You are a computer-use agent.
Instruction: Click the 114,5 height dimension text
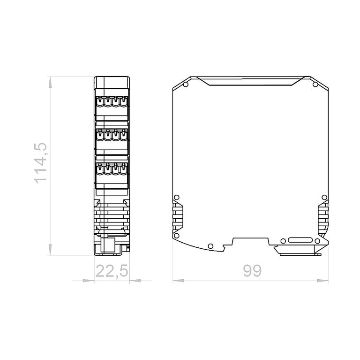point(41,163)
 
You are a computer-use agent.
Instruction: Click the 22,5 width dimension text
point(112,271)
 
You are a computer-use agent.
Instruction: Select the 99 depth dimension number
point(252,271)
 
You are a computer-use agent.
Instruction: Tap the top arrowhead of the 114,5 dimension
point(50,82)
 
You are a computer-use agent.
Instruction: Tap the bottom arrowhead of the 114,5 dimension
point(50,250)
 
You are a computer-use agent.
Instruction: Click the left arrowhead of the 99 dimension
point(179,281)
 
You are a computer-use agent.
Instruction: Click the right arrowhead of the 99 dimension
point(323,281)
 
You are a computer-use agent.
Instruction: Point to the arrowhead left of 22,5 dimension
point(89,281)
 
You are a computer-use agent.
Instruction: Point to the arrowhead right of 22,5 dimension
point(135,281)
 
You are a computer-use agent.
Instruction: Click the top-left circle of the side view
point(186,84)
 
